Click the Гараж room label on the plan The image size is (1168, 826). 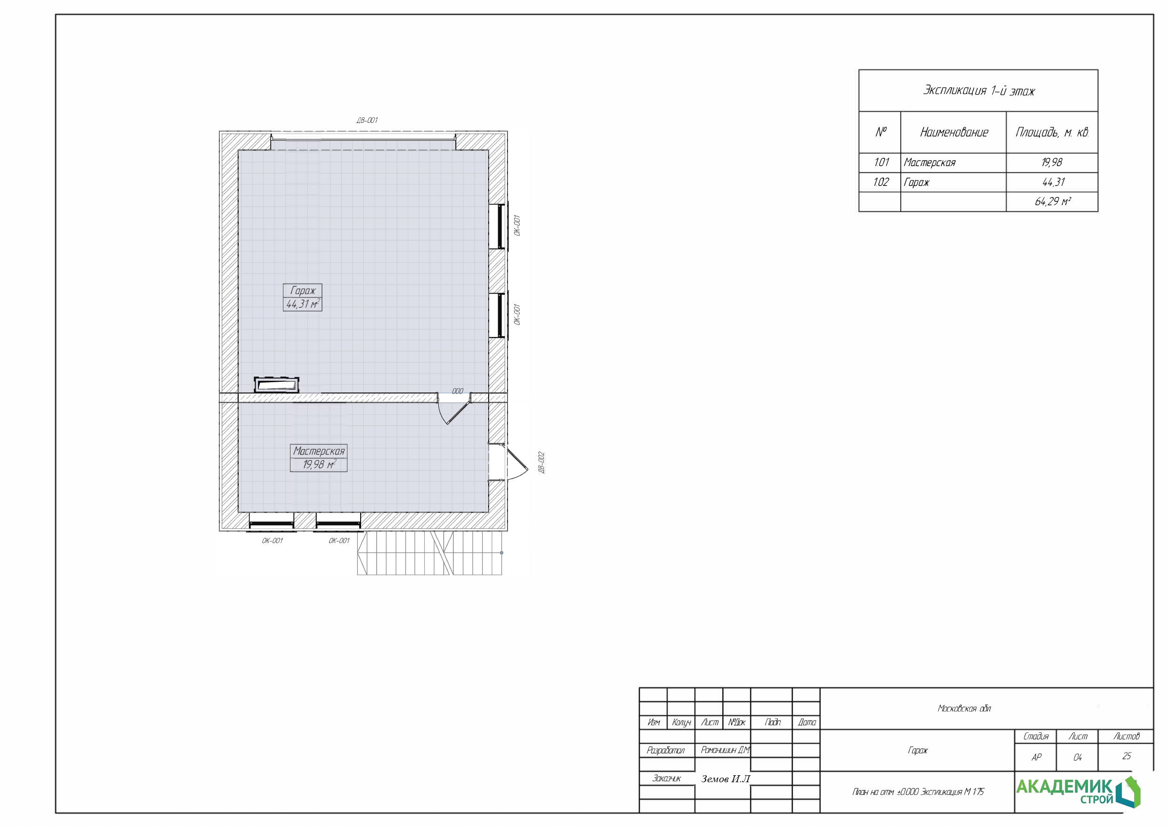tap(303, 290)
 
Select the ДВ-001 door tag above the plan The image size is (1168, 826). tap(367, 120)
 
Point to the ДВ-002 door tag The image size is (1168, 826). tap(542, 462)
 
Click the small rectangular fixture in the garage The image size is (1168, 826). tap(276, 385)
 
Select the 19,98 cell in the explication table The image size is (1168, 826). tap(1052, 162)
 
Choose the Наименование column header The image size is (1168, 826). tap(954, 132)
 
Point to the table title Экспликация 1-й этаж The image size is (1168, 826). tap(979, 90)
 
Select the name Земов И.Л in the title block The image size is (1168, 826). tap(725, 778)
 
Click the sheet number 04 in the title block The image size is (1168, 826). tap(1078, 757)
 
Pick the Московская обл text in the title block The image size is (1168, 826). tap(964, 708)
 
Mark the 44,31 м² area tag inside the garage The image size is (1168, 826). tap(303, 304)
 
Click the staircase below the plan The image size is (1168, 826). tap(429, 553)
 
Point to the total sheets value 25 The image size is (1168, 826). tap(1126, 756)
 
